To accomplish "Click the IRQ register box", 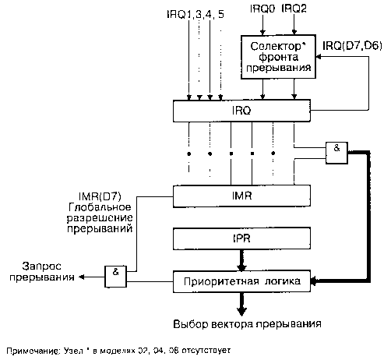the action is [x=241, y=111].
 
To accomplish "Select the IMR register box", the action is [x=241, y=196].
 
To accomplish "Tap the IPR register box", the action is [x=241, y=238].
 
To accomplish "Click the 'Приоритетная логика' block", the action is [x=241, y=281].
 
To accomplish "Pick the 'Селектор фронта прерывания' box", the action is [x=278, y=57].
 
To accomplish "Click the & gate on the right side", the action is [x=336, y=153].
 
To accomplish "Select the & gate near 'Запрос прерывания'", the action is [x=115, y=277].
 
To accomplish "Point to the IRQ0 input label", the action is [x=262, y=9].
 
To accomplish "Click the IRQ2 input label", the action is [x=294, y=9].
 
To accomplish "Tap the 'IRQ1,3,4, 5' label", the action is [x=195, y=15].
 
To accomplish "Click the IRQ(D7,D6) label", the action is [x=352, y=46].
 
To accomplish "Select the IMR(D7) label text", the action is [x=100, y=196].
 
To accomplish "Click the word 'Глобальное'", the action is [x=100, y=207].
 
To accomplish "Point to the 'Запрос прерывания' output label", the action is [x=41, y=272].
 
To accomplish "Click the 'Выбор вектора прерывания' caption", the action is [x=247, y=324].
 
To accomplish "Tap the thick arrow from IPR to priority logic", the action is [x=241, y=260].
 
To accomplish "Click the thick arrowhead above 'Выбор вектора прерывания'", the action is [x=241, y=311].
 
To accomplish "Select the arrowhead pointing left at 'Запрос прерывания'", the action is [x=82, y=277].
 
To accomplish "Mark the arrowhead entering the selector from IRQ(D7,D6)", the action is [x=319, y=57].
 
